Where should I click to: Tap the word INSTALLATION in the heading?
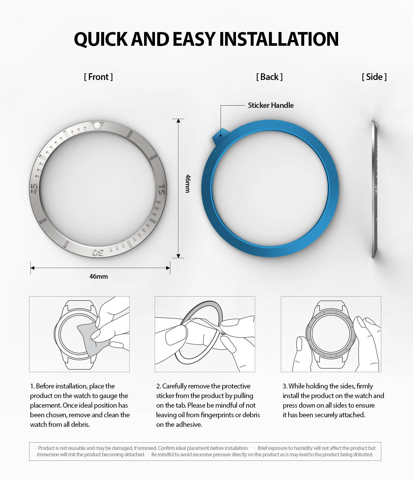pyautogui.click(x=279, y=39)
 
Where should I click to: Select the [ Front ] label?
pyautogui.click(x=98, y=77)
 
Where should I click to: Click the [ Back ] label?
pyautogui.click(x=269, y=77)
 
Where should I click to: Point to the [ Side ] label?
pyautogui.click(x=374, y=77)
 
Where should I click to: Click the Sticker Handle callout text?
pyautogui.click(x=271, y=105)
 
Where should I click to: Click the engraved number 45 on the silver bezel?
pyautogui.click(x=34, y=188)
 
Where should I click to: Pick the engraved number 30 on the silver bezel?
pyautogui.click(x=98, y=252)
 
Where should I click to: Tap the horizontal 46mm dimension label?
pyautogui.click(x=99, y=276)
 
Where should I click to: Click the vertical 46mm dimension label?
pyautogui.click(x=188, y=183)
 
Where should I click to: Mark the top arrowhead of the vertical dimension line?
pyautogui.click(x=178, y=121)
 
